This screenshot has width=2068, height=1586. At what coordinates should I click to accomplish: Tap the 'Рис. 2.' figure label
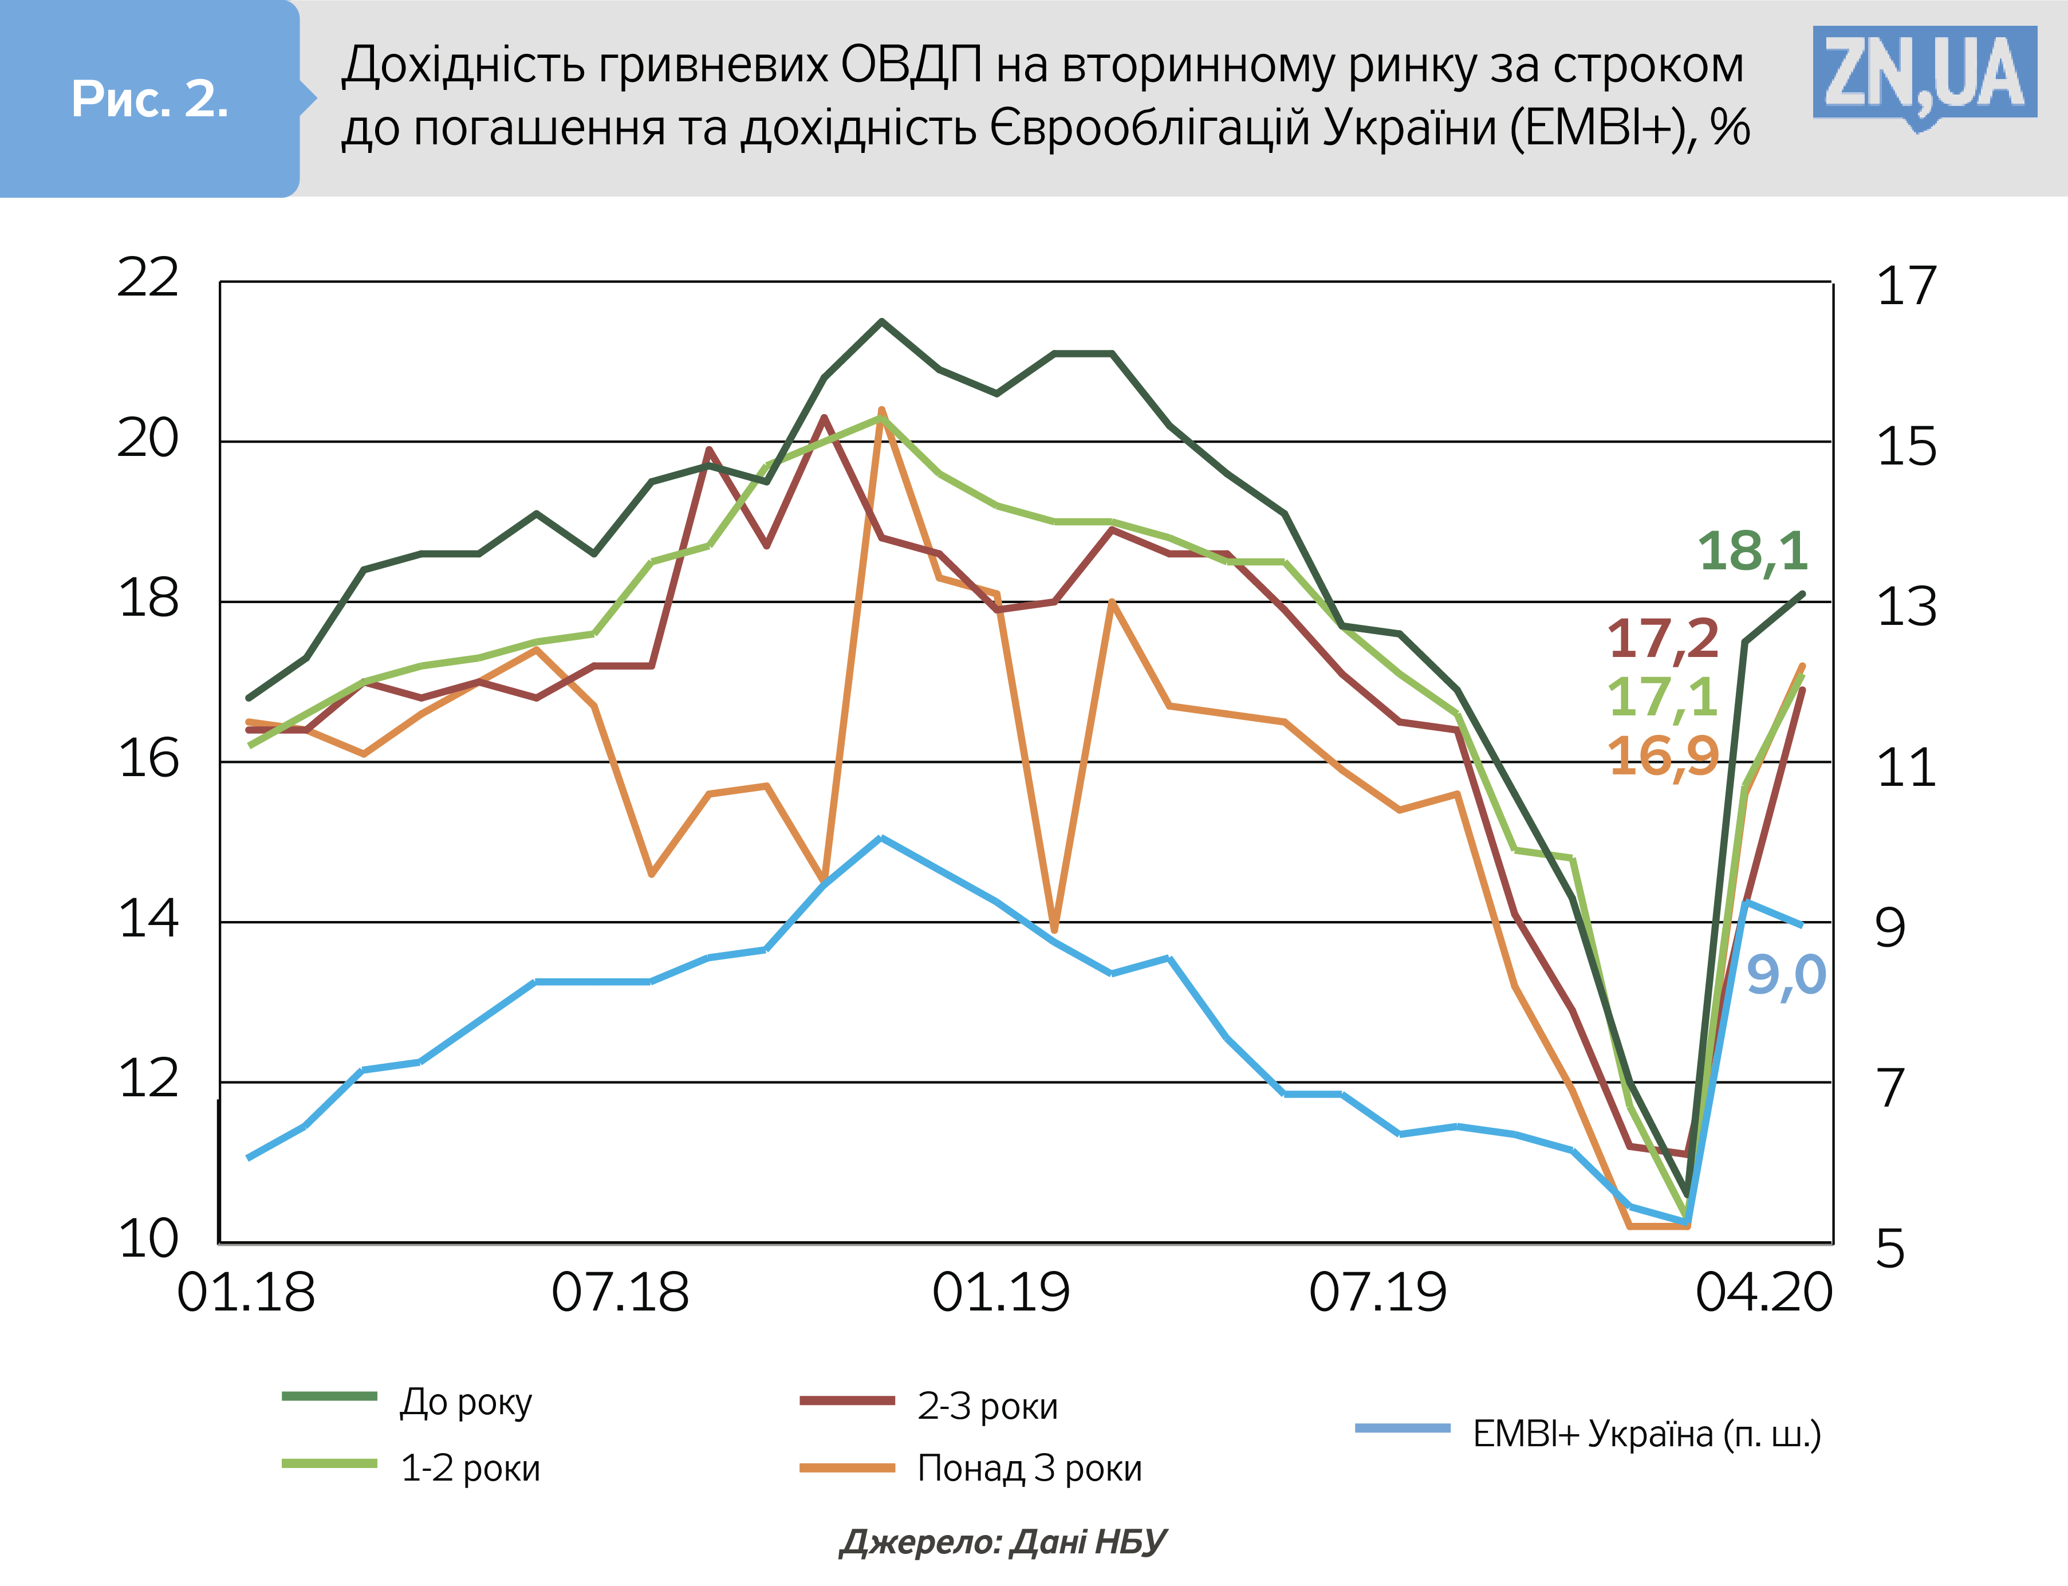[x=149, y=99]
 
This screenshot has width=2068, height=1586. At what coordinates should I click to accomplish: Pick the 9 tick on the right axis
[x=1890, y=928]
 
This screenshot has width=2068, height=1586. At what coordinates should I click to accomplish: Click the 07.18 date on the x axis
[x=620, y=1292]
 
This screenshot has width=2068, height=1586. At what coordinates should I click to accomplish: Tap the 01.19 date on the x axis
[x=1000, y=1292]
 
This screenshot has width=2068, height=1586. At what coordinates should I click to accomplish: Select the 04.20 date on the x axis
[x=1763, y=1292]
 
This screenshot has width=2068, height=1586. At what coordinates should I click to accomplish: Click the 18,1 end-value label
[x=1753, y=552]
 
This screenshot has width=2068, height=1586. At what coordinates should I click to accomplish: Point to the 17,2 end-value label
[x=1663, y=639]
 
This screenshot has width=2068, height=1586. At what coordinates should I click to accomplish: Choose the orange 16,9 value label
[x=1663, y=756]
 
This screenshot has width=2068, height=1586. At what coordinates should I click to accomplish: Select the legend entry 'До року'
[x=466, y=1402]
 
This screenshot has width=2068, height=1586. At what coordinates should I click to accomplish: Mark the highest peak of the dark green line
[x=881, y=322]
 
